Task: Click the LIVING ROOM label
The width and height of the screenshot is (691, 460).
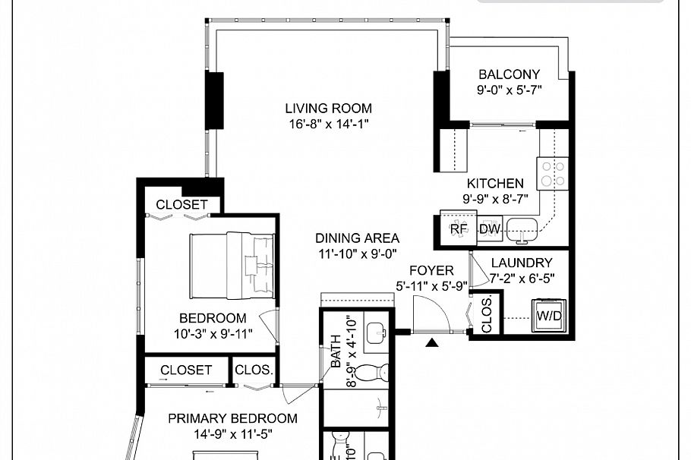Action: pos(328,109)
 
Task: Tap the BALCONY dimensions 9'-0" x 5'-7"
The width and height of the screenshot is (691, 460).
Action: pos(509,90)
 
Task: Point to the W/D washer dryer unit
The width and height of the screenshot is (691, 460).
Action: pos(548,315)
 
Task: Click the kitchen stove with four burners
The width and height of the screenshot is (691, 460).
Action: pos(551,173)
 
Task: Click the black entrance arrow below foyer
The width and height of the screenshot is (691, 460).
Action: pos(432,343)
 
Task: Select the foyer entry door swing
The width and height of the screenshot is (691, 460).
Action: pos(431,313)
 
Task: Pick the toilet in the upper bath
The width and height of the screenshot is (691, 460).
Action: pos(373,373)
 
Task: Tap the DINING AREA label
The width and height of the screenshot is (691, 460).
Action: pos(357,238)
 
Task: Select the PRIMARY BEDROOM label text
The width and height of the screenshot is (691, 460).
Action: pos(232,418)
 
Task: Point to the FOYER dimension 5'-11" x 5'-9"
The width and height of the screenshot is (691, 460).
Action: pos(431,286)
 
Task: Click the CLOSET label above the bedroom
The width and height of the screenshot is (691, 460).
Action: pos(181,205)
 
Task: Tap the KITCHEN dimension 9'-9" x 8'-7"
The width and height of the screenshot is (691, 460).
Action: pos(494,198)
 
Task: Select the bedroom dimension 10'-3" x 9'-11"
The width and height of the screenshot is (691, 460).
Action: pos(212,333)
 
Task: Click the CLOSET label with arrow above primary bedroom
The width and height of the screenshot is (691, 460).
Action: pos(186,370)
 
